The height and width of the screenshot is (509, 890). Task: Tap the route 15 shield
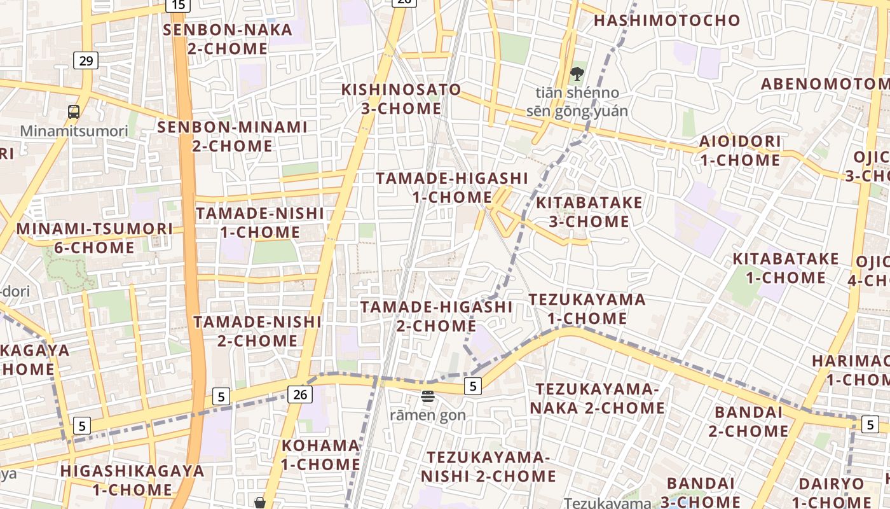click(x=179, y=5)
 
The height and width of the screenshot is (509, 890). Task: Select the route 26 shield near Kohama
click(x=300, y=394)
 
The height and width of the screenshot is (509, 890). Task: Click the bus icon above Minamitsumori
click(x=74, y=112)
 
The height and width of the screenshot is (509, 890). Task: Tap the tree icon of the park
click(x=577, y=74)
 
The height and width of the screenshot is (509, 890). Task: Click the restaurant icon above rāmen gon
click(x=428, y=396)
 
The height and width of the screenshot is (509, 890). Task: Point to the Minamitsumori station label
click(x=74, y=131)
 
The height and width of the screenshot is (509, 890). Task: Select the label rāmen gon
click(x=428, y=415)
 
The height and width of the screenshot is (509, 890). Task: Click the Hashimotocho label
click(x=667, y=20)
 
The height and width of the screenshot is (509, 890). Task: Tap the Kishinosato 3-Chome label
click(x=401, y=99)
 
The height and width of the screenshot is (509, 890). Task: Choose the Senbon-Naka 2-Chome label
click(x=228, y=39)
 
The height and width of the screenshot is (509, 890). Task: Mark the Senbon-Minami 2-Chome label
click(x=232, y=136)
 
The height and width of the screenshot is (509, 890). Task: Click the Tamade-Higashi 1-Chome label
click(x=452, y=187)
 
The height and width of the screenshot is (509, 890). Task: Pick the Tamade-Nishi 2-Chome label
click(x=257, y=331)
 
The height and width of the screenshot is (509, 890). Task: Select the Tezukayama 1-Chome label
click(x=587, y=309)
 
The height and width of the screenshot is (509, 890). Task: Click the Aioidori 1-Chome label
click(x=740, y=150)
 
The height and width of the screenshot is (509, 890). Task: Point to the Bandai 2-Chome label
click(x=748, y=421)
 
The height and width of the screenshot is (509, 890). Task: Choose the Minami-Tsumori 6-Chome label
click(x=94, y=238)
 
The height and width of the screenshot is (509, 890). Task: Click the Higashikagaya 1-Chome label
click(x=132, y=480)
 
